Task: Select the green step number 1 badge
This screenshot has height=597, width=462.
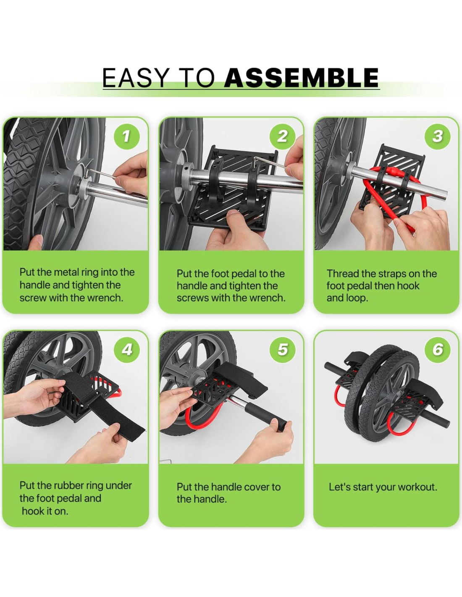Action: [127, 136]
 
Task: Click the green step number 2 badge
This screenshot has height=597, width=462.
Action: [282, 136]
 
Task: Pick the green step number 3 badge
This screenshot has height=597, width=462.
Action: [438, 136]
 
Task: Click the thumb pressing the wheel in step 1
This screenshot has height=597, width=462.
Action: [34, 242]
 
